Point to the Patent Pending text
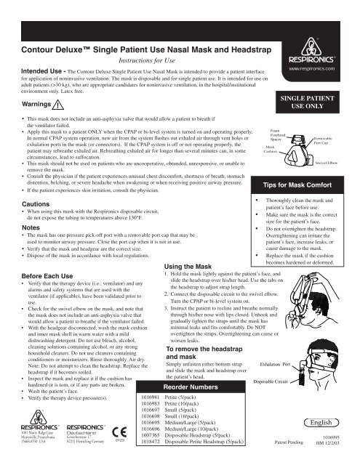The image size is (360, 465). (290, 441)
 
